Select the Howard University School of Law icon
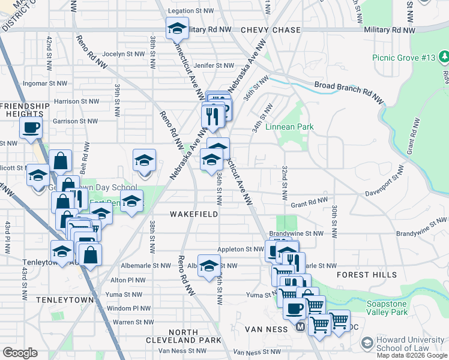[367, 343]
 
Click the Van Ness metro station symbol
[300, 328]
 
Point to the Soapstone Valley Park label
[396, 308]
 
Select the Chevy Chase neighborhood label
[266, 29]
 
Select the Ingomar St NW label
[43, 83]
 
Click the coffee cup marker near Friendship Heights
[31, 128]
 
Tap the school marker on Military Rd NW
[178, 28]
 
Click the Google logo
[20, 353]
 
